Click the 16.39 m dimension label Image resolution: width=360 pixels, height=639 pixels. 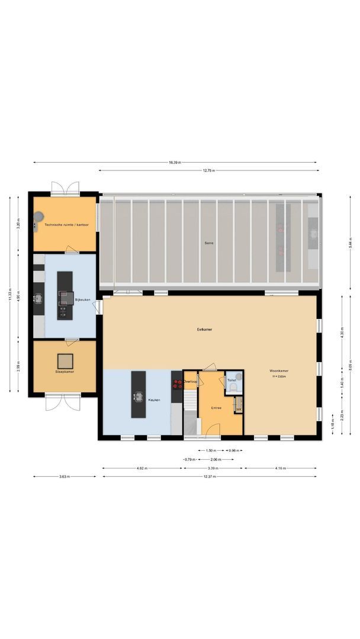[175, 162]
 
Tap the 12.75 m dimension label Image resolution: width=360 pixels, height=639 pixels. [208, 170]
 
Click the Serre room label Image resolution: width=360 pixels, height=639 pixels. [208, 243]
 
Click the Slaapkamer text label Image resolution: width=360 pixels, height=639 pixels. [65, 372]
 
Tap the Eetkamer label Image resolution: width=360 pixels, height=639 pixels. [205, 329]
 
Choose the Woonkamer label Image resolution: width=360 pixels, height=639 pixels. [279, 372]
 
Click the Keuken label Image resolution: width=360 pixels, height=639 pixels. [153, 400]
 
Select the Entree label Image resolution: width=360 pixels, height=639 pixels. [215, 408]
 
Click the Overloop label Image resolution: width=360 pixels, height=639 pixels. [190, 382]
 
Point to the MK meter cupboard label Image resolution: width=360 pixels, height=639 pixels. [239, 409]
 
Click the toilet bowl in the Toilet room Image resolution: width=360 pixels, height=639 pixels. [233, 388]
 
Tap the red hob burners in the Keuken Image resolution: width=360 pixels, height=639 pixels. [177, 383]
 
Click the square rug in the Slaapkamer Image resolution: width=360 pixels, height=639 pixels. [65, 360]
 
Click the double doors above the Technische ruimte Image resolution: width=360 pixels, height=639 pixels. [65, 188]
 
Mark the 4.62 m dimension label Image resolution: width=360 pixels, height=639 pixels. [142, 468]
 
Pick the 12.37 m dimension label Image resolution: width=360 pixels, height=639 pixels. [208, 476]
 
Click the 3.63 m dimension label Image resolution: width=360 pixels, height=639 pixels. [65, 476]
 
